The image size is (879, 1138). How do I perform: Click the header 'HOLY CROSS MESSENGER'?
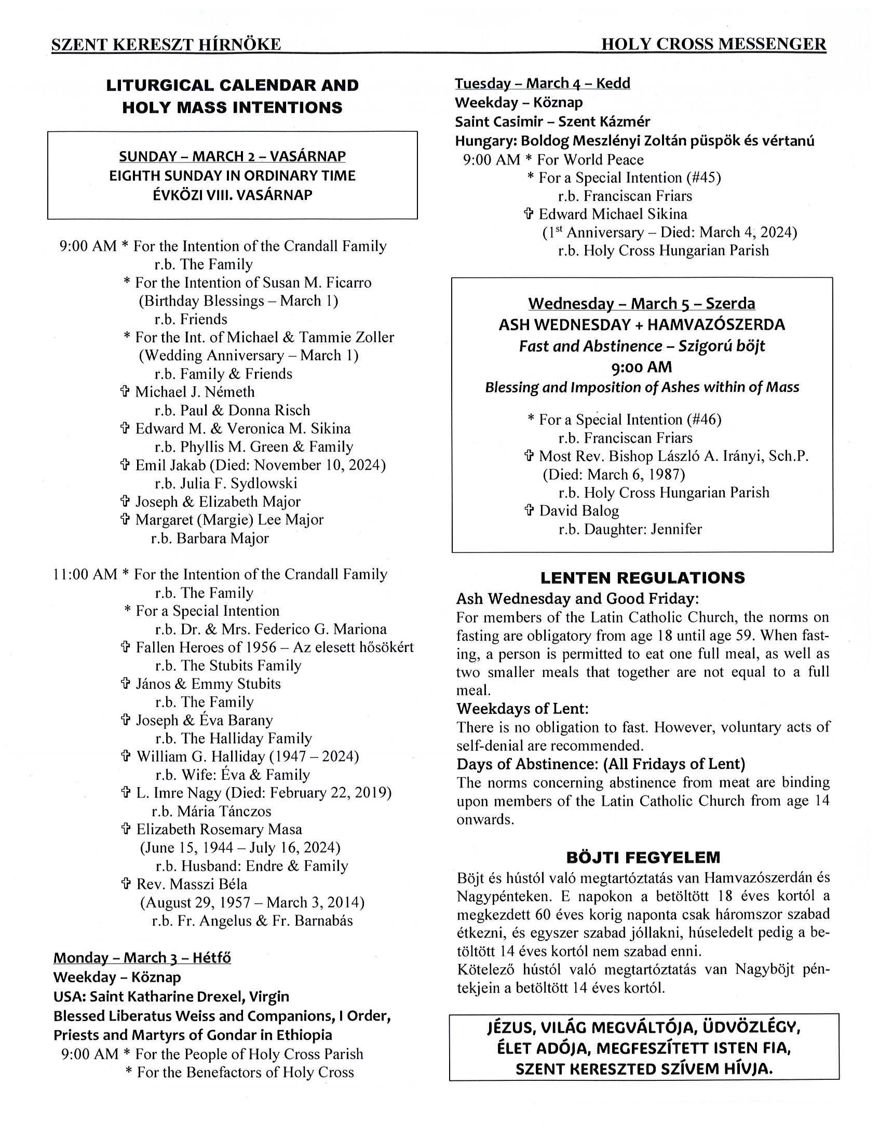713,44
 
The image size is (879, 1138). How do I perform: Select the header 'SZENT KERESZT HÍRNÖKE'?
166,45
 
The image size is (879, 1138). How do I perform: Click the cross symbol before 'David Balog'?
529,511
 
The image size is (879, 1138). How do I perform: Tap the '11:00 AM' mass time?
85,574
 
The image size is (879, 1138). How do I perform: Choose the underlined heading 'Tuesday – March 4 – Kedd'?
543,84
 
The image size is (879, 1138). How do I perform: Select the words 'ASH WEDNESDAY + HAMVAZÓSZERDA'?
641,324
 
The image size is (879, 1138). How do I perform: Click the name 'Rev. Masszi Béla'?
192,884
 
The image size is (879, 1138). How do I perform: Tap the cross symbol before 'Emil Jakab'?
125,465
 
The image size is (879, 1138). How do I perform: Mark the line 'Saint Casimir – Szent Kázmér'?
552,121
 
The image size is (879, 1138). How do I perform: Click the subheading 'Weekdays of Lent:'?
523,709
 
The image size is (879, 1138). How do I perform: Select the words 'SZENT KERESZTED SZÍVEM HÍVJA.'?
644,1069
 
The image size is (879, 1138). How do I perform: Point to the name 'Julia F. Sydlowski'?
239,483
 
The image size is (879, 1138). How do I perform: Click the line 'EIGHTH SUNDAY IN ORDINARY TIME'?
233,175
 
